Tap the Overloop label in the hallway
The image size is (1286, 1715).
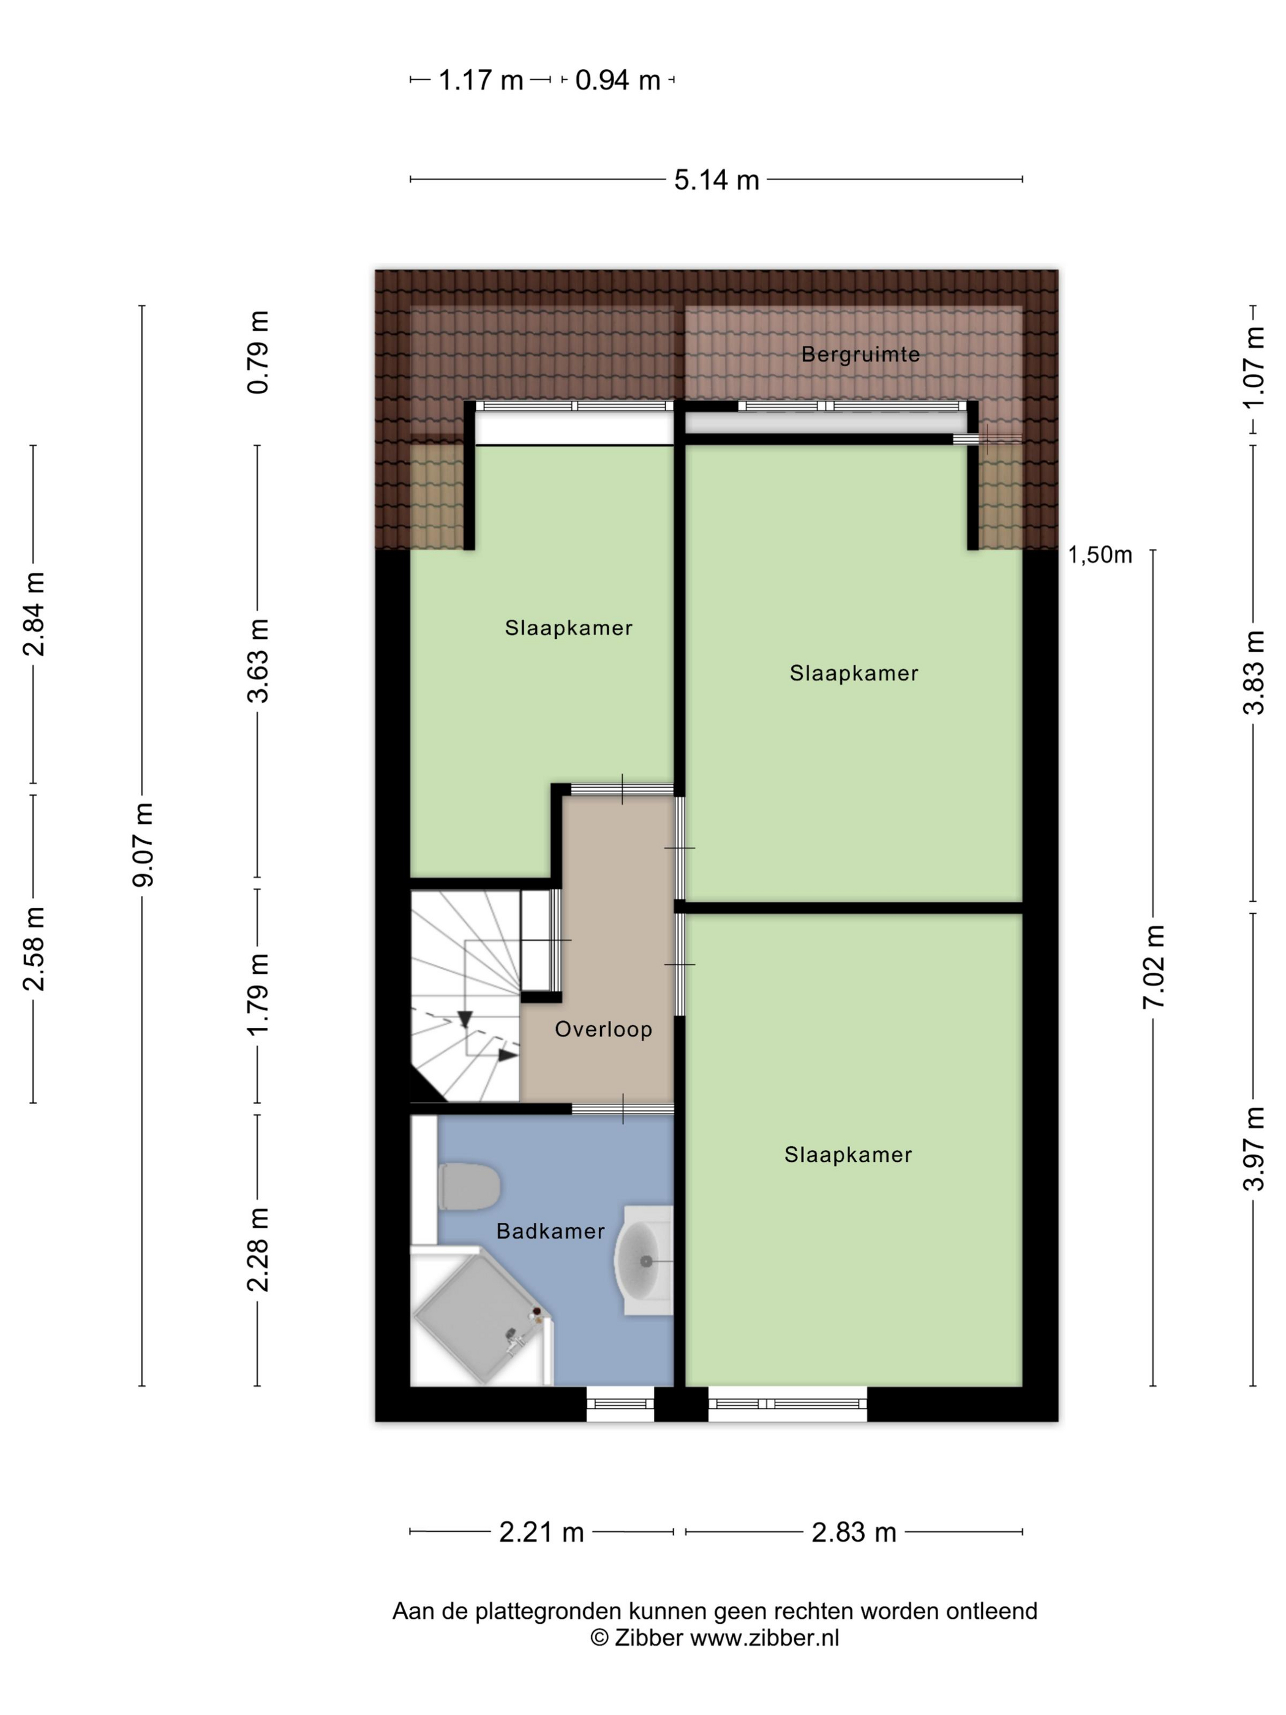[x=603, y=1029]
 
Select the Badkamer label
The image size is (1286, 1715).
[x=551, y=1231]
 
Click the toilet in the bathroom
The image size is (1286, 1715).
[x=468, y=1187]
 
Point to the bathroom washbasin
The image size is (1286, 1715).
[x=644, y=1261]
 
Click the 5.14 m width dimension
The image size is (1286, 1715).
[x=716, y=180]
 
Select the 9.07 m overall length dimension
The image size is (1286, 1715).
[x=143, y=845]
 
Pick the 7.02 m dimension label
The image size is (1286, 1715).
[x=1154, y=967]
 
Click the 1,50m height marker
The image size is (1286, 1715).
[x=1100, y=554]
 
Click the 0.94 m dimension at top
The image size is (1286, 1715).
[x=618, y=80]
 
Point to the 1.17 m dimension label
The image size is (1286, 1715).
[x=481, y=80]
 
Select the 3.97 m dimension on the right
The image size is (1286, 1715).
[x=1254, y=1149]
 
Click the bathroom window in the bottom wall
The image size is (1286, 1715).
[x=620, y=1403]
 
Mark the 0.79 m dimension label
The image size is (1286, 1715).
[x=258, y=352]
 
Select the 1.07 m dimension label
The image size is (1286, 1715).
[x=1254, y=367]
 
